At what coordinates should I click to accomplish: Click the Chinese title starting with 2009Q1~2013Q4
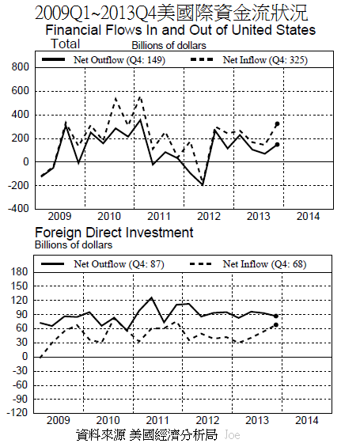[172, 13]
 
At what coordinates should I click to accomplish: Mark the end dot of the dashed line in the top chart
[276, 124]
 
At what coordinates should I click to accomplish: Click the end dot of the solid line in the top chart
[276, 145]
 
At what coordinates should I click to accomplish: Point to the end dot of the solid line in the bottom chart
[276, 316]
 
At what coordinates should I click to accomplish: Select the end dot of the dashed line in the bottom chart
[276, 324]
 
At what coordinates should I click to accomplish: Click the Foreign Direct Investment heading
[113, 233]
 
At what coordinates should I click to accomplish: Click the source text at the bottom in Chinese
[146, 435]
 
